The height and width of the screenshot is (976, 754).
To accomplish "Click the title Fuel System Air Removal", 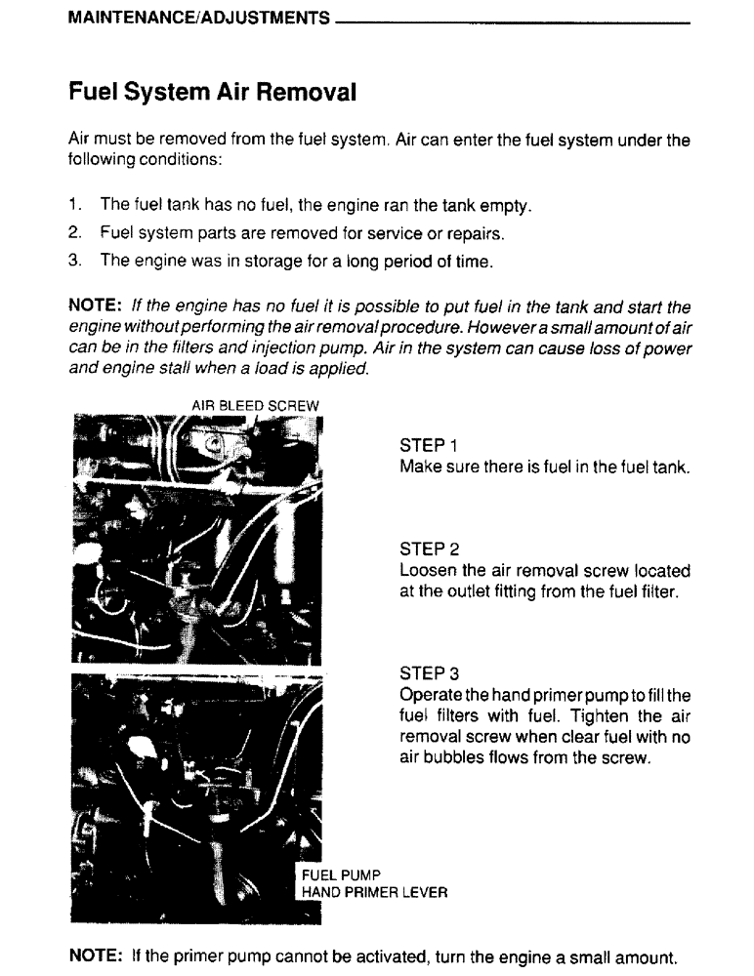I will pos(212,94).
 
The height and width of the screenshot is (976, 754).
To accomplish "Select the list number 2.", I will pos(74,234).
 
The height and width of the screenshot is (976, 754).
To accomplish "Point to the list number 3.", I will pos(74,262).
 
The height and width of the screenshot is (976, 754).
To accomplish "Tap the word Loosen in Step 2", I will pos(428,571).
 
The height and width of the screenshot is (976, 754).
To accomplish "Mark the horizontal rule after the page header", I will pos(513,21).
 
